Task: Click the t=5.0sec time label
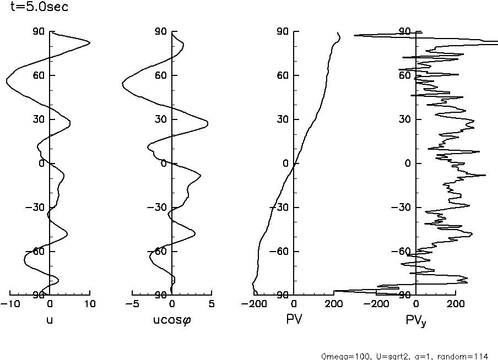tap(36, 8)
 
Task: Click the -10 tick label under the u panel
tap(9, 304)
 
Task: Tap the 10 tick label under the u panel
tap(90, 304)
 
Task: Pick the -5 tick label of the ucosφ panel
tap(132, 304)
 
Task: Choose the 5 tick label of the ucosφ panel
tap(212, 304)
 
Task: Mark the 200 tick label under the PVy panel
tap(456, 304)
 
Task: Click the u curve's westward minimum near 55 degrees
tap(7, 81)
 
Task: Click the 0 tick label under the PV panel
tap(294, 304)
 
